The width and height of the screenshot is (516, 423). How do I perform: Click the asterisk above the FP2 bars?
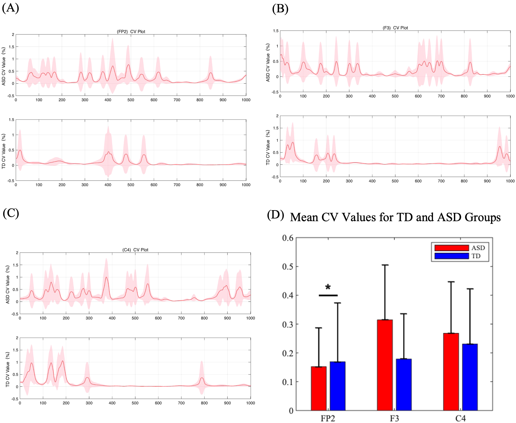pos(328,287)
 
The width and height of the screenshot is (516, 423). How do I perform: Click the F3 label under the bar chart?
pos(394,418)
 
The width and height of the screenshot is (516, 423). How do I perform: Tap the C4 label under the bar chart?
pos(460,418)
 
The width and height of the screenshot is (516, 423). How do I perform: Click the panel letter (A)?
pos(10,8)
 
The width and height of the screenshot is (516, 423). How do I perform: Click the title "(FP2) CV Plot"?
pos(131,31)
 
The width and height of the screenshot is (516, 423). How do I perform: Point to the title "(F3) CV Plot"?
pos(395,28)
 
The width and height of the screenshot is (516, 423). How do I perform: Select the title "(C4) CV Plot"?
pos(135,250)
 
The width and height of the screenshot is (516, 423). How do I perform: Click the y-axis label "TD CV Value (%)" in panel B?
pos(268,147)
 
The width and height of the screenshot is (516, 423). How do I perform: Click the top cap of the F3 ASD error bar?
pos(385,265)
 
